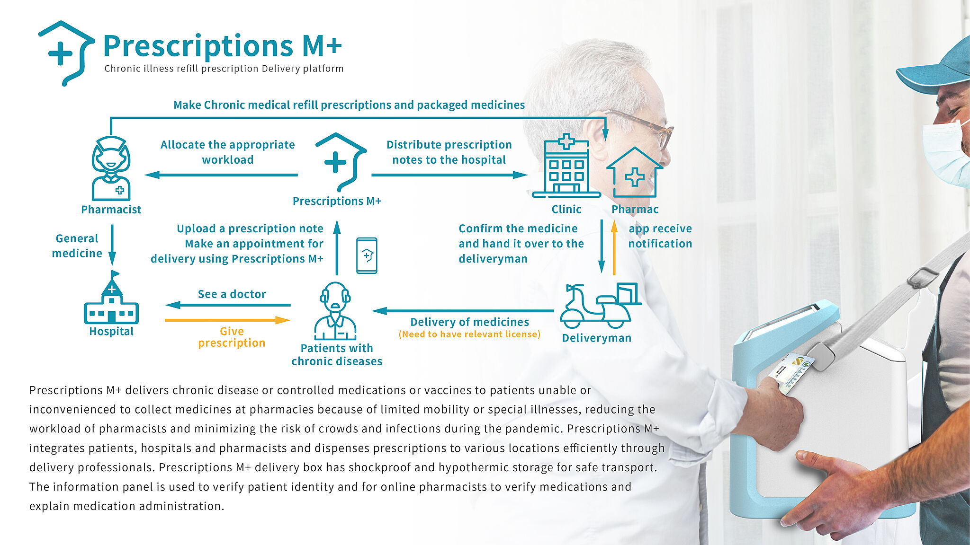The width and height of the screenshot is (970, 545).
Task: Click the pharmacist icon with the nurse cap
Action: tap(111, 168)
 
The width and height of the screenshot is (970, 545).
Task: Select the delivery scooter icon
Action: tap(601, 306)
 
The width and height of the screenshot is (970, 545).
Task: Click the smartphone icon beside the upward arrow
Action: tap(367, 255)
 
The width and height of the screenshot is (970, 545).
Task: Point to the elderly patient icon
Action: tap(335, 311)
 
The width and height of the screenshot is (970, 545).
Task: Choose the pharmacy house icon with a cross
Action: tap(635, 172)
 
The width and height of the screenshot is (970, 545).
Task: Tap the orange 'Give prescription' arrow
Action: tap(227, 320)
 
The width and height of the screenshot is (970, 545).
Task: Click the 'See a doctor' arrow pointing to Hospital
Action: tap(228, 305)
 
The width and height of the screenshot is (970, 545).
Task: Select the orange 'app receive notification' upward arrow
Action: tap(614, 247)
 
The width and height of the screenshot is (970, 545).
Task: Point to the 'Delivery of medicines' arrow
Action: tap(463, 311)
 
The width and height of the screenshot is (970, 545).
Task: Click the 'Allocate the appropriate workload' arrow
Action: tap(221, 175)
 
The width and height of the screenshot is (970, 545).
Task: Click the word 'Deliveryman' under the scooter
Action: tap(597, 338)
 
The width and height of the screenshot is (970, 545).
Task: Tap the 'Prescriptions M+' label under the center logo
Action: tap(337, 201)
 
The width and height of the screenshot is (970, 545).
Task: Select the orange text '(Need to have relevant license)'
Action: tap(469, 334)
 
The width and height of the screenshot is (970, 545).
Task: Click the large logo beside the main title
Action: tap(67, 53)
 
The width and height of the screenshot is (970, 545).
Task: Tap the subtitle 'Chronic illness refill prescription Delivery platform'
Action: tap(224, 69)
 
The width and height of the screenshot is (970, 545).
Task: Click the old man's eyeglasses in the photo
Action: tap(642, 126)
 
